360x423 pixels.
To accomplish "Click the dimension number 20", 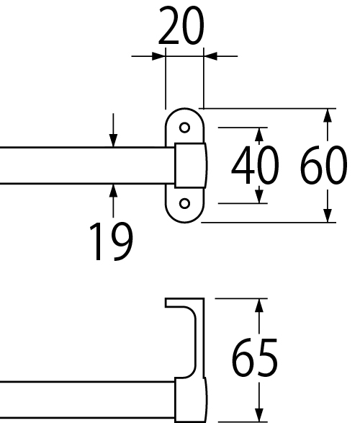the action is click(181, 25).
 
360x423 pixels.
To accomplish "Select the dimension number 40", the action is click(255, 165).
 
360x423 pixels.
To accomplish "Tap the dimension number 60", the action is click(323, 165).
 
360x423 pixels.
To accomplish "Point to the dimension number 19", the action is click(111, 241).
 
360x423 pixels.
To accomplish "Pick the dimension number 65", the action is click(255, 357).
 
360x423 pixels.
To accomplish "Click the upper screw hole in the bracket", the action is click(184, 128).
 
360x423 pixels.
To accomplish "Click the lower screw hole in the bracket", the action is click(184, 203).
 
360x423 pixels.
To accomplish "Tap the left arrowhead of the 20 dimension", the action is click(158, 56).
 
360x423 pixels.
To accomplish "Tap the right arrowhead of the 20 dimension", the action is click(210, 56).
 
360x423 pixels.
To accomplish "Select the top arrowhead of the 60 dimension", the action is click(328, 115).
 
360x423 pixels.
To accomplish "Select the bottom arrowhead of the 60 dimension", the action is click(328, 215).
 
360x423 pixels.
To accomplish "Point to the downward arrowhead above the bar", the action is click(114, 141).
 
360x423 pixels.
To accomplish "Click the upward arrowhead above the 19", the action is click(114, 191).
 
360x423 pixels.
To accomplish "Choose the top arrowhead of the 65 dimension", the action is click(259, 306).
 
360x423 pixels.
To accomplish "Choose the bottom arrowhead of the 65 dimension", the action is click(259, 416).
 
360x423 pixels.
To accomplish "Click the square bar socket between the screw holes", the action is click(191, 165).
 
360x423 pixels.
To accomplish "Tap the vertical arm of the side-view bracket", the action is click(199, 337).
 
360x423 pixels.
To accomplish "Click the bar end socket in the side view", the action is click(191, 400).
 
